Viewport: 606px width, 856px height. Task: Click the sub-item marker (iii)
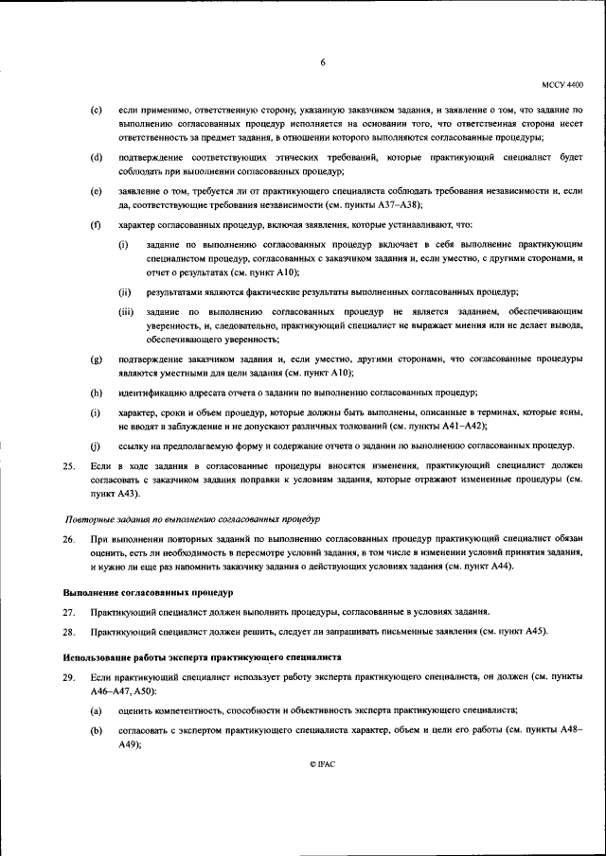click(126, 310)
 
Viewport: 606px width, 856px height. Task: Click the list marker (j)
click(96, 445)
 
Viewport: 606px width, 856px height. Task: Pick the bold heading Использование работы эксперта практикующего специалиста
click(202, 656)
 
